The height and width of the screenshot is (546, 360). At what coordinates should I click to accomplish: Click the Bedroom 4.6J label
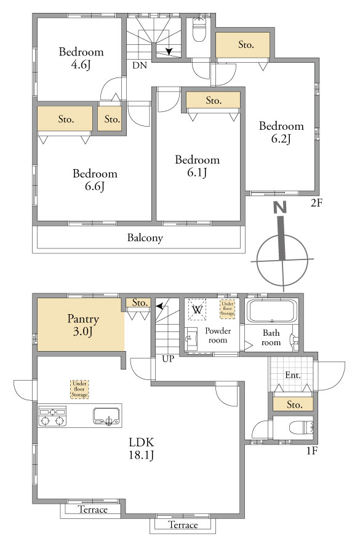pyautogui.click(x=81, y=58)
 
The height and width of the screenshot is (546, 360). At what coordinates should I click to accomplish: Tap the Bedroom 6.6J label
pyautogui.click(x=95, y=180)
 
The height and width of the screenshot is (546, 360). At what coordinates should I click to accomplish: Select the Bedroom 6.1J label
pyautogui.click(x=198, y=166)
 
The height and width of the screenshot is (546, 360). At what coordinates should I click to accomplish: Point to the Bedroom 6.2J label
pyautogui.click(x=281, y=132)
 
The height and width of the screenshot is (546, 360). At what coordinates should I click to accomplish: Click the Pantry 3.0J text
pyautogui.click(x=83, y=325)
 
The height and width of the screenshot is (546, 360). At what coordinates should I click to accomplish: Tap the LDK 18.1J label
pyautogui.click(x=141, y=448)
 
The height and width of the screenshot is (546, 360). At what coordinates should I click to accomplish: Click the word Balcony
pyautogui.click(x=145, y=238)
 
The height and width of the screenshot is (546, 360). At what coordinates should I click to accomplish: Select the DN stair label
pyautogui.click(x=140, y=65)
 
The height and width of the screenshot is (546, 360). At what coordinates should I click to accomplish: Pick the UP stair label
pyautogui.click(x=168, y=358)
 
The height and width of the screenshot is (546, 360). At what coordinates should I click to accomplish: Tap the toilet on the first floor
pyautogui.click(x=302, y=427)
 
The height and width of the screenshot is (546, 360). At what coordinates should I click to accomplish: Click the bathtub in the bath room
pyautogui.click(x=272, y=311)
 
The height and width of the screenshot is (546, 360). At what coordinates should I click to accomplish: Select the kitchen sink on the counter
pyautogui.click(x=106, y=416)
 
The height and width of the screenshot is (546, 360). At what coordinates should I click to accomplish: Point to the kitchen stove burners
pyautogui.click(x=52, y=416)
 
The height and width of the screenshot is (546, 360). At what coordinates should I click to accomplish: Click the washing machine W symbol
pyautogui.click(x=198, y=309)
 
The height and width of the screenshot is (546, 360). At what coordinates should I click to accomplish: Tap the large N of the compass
pyautogui.click(x=280, y=208)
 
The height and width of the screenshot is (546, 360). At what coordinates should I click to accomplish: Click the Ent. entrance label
pyautogui.click(x=293, y=375)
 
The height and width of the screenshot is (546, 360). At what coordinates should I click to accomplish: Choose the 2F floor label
pyautogui.click(x=316, y=203)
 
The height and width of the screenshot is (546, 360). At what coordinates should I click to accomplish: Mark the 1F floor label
pyautogui.click(x=312, y=451)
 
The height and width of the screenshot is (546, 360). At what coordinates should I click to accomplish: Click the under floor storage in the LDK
pyautogui.click(x=79, y=389)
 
